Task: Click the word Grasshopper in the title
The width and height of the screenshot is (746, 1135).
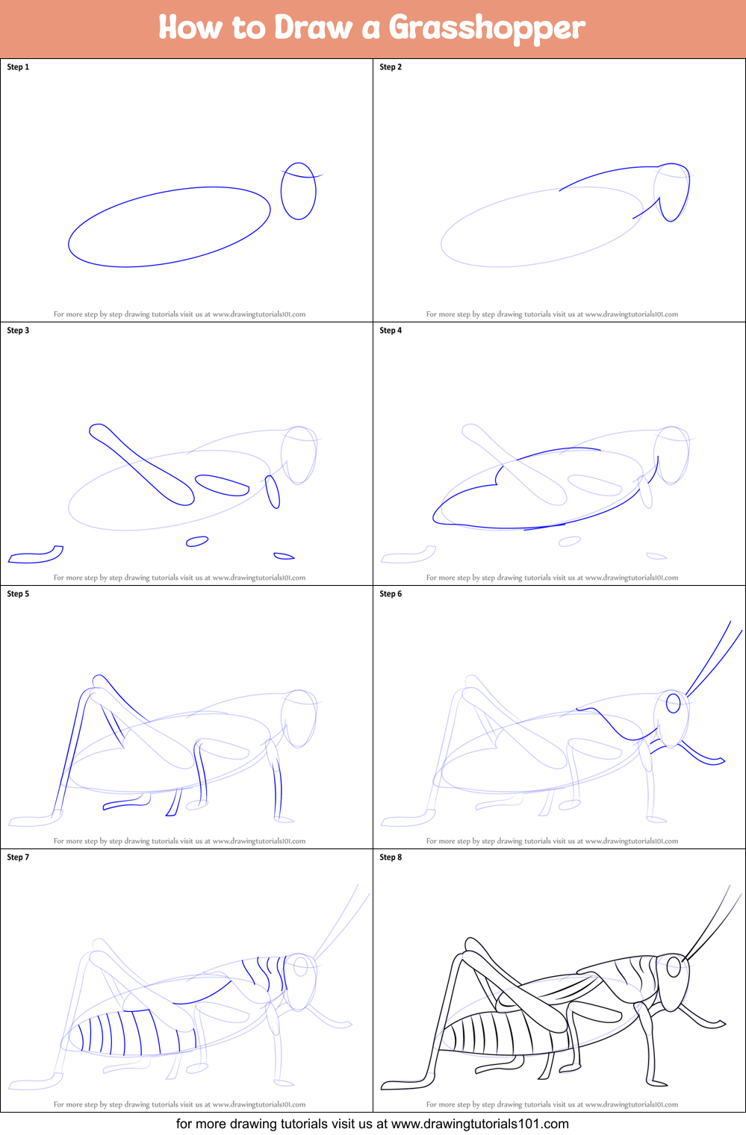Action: click(x=487, y=28)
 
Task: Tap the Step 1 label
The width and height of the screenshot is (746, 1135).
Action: click(x=18, y=67)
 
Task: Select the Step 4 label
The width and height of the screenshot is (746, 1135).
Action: click(x=391, y=331)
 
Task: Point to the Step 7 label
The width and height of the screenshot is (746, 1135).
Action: click(x=18, y=857)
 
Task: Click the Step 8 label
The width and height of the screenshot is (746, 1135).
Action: click(x=391, y=857)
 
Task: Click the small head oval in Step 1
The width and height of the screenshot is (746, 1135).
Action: click(x=282, y=192)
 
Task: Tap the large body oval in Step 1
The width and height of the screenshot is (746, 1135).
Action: click(x=69, y=243)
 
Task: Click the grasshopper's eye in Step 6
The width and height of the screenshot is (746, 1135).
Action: click(x=673, y=703)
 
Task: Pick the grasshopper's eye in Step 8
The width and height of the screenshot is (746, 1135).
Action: click(x=674, y=967)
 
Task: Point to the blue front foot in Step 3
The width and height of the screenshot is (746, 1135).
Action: click(x=283, y=557)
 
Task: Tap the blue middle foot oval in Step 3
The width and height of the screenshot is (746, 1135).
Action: click(x=197, y=542)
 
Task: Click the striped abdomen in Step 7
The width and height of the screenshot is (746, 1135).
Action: click(x=132, y=1034)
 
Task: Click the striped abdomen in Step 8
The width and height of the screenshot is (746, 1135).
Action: click(x=502, y=1033)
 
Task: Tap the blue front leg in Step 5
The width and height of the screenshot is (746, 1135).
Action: click(x=276, y=781)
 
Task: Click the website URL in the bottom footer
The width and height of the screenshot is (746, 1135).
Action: click(x=479, y=1124)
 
